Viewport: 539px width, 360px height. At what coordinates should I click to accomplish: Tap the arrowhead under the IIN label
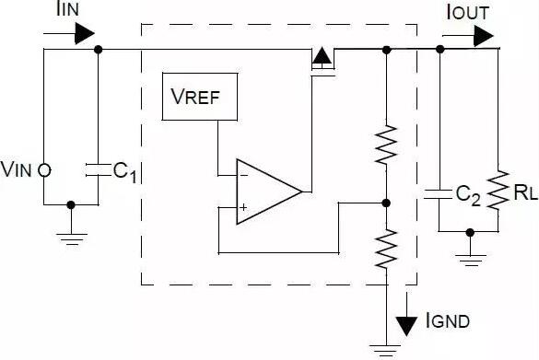(x=85, y=35)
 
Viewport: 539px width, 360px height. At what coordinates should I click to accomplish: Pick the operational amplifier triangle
(x=267, y=191)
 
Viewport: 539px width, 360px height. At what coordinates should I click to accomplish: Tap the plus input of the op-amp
(x=243, y=208)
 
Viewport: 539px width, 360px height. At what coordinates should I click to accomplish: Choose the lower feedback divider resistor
(x=385, y=247)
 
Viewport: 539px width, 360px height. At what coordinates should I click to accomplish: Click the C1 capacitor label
(x=124, y=172)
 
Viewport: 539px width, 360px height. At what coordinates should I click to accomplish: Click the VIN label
(x=18, y=169)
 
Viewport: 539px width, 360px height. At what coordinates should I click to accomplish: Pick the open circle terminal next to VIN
(x=44, y=170)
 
